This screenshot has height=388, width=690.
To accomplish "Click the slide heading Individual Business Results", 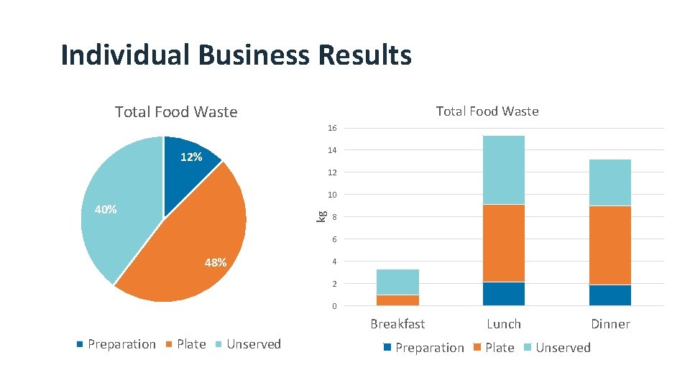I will [236, 55].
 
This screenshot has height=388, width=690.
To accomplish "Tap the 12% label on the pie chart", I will [190, 157].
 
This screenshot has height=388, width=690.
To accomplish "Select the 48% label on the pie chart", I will [215, 263].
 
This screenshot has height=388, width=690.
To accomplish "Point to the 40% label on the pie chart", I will [106, 210].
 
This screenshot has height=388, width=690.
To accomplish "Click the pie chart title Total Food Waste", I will [176, 111].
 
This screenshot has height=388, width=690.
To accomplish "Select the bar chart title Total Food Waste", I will [487, 111].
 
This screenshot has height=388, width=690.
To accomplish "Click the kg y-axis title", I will [323, 214].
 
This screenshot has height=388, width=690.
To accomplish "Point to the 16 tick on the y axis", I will [332, 128].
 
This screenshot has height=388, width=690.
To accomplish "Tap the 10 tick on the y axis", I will [332, 195].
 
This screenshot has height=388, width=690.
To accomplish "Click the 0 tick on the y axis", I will [334, 307].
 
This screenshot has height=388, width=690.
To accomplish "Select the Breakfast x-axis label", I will [397, 324].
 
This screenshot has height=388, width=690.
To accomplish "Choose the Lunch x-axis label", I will [503, 324].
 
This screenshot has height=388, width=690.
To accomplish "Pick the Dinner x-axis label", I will [610, 324].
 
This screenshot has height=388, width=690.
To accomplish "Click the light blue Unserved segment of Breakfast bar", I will [397, 282].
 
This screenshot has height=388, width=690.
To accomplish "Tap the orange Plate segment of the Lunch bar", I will [503, 243].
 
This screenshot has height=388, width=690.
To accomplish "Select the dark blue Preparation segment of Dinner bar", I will [610, 295].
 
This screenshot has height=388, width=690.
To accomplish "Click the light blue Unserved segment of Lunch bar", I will [503, 170].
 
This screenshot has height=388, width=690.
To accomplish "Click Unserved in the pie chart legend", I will [253, 344].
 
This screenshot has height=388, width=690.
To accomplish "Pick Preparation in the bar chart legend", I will [429, 348].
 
